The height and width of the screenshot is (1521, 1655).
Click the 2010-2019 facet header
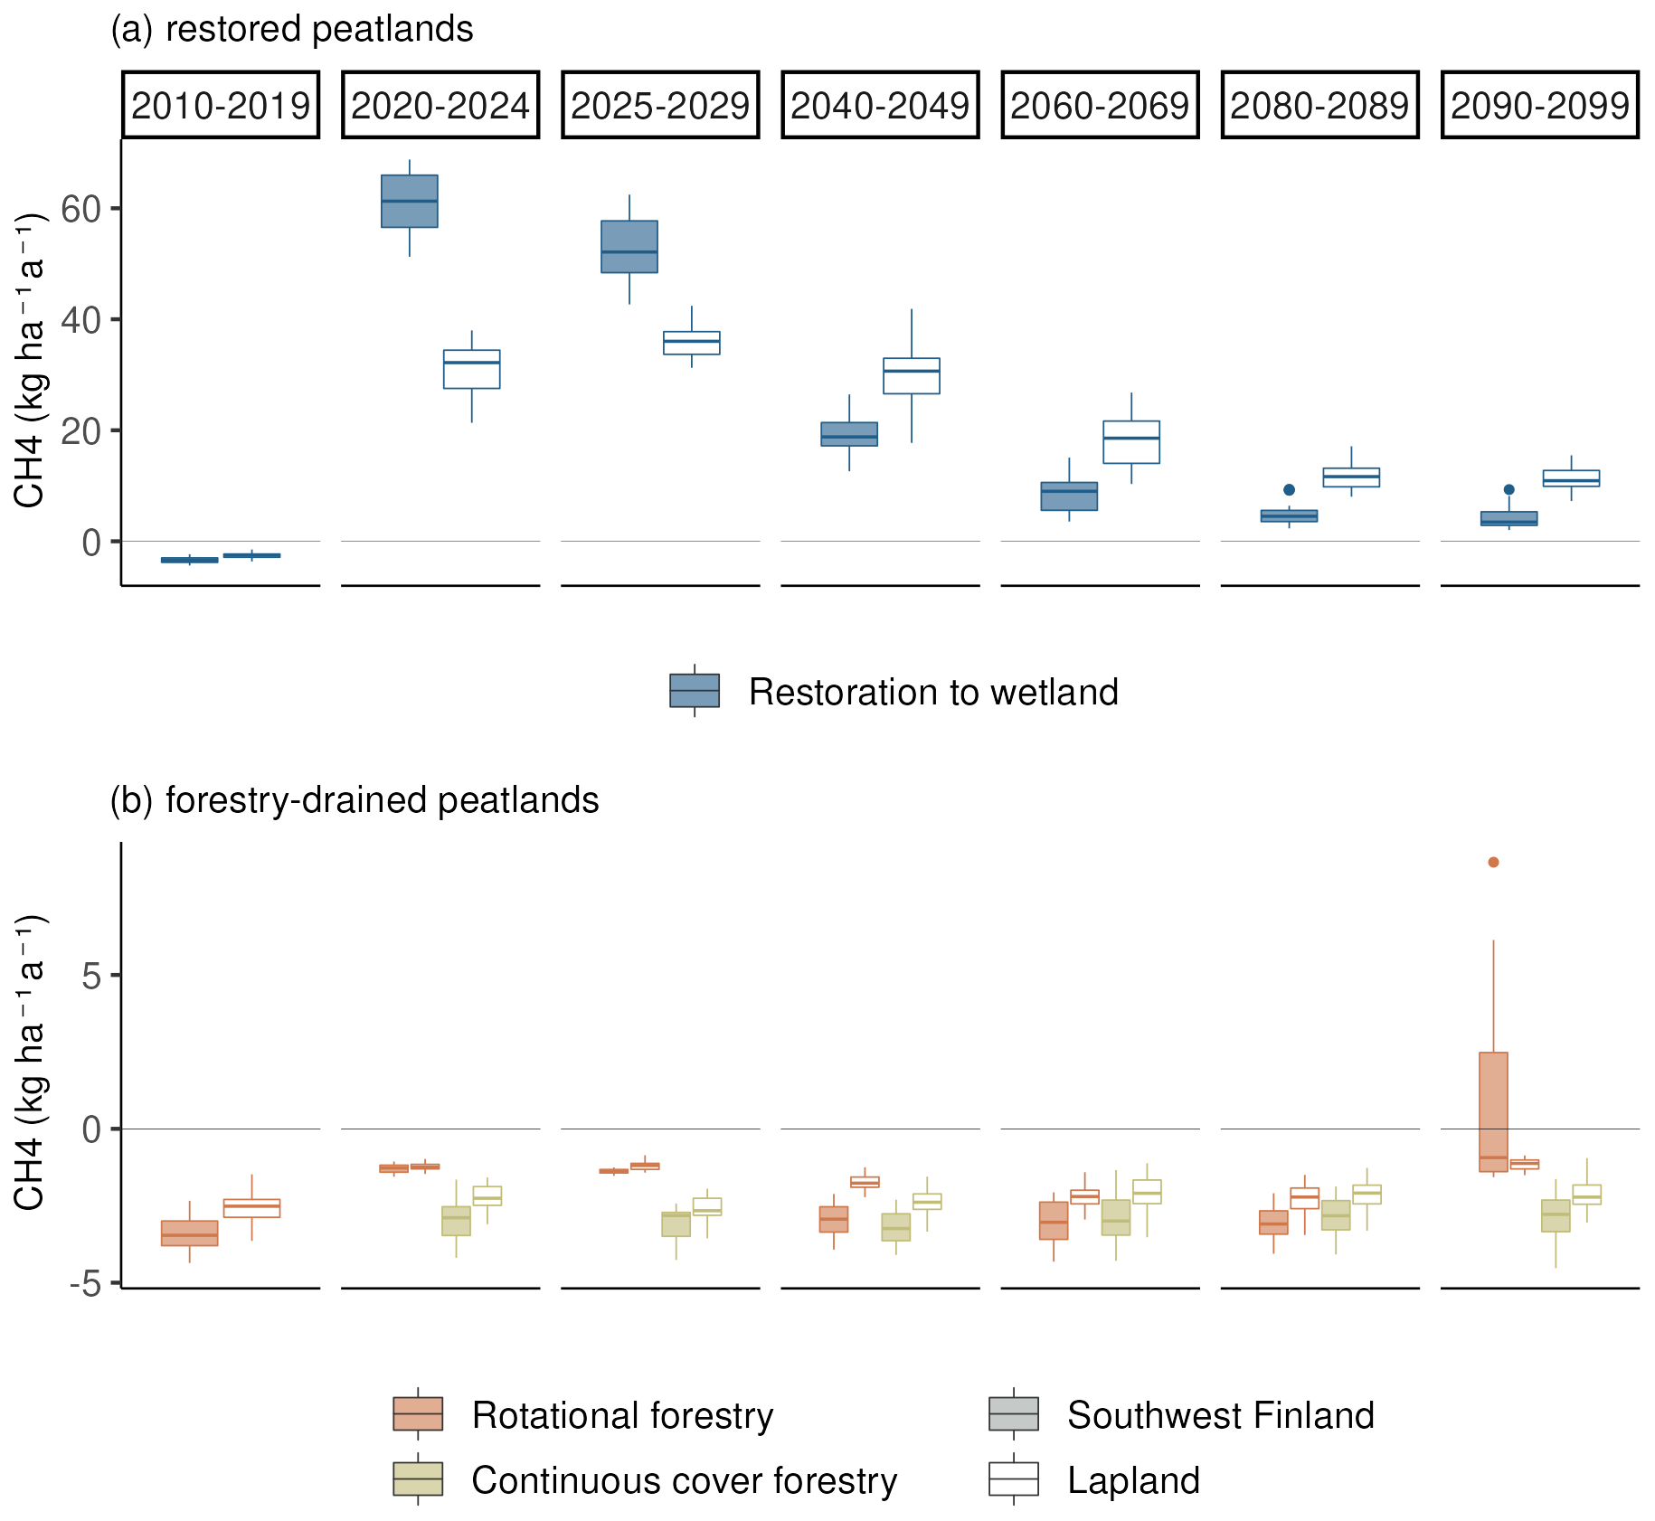(x=221, y=106)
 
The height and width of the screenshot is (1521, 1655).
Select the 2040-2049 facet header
(x=880, y=106)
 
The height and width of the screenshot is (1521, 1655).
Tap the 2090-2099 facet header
(x=1539, y=106)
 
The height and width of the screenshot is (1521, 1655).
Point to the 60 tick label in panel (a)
(x=80, y=209)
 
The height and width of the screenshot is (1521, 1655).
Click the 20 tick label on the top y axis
(x=80, y=431)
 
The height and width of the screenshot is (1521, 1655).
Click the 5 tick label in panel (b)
(x=91, y=976)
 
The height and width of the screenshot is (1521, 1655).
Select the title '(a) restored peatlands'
(x=291, y=29)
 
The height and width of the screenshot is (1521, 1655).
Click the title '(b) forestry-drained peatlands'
(x=354, y=800)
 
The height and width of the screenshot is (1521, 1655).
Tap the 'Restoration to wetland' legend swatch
(x=695, y=691)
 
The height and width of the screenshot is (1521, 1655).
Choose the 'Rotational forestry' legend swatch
(x=418, y=1413)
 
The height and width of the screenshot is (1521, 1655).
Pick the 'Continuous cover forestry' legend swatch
(x=418, y=1479)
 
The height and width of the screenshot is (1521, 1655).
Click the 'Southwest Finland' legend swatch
(x=1014, y=1413)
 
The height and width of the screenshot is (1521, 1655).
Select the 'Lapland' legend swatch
(x=1014, y=1479)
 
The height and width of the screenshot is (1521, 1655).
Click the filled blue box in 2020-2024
(x=410, y=201)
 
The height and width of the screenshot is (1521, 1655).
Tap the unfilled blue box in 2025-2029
(x=692, y=343)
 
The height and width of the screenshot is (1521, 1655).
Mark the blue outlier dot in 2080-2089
(x=1290, y=490)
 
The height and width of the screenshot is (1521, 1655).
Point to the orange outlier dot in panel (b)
(x=1494, y=863)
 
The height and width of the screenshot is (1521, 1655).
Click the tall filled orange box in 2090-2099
(x=1494, y=1111)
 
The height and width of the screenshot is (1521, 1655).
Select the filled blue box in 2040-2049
(x=849, y=434)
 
